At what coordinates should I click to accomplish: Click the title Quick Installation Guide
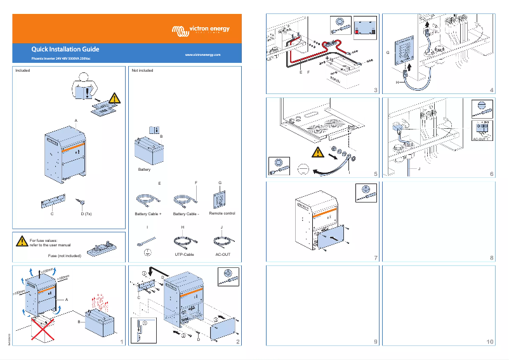(65, 49)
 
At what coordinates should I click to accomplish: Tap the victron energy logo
(201, 30)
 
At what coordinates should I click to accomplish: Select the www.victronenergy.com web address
(202, 56)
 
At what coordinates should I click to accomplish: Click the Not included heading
(142, 71)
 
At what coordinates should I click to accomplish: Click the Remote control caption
(221, 213)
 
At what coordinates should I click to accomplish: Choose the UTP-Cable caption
(183, 254)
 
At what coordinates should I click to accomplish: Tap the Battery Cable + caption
(149, 214)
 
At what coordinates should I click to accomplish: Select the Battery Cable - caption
(186, 214)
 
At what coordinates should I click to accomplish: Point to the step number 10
(489, 342)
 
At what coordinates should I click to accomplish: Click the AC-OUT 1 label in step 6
(483, 138)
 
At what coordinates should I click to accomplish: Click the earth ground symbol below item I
(147, 253)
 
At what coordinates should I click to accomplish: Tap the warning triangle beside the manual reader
(113, 98)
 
